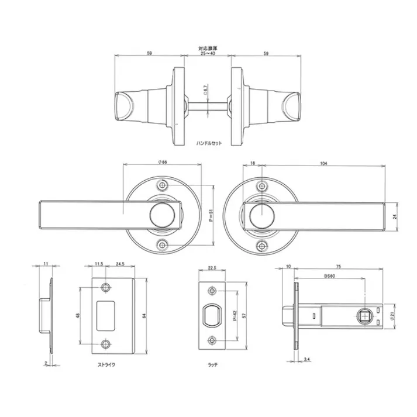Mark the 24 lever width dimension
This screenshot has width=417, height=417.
[396, 216]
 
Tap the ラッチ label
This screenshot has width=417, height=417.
[213, 364]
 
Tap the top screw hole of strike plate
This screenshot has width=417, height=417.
[106, 287]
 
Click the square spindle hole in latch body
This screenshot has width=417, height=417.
[366, 316]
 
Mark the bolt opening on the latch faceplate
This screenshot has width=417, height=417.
[212, 316]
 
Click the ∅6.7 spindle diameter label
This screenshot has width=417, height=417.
[206, 91]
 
